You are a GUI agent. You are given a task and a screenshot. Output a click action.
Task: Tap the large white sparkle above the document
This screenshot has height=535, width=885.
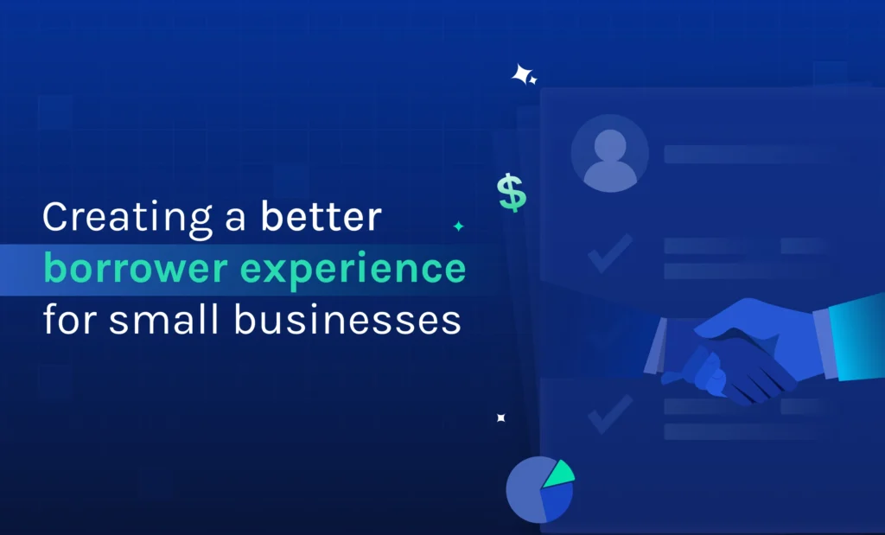tap(522, 75)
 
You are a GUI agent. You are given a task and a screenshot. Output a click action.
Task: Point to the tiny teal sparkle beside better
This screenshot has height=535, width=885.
tap(459, 226)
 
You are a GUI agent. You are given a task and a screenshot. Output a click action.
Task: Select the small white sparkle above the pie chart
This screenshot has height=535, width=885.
tap(500, 418)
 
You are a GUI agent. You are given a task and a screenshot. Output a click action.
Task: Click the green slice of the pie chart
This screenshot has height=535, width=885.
tap(558, 472)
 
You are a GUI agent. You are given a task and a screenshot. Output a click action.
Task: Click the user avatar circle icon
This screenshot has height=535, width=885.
tap(609, 153)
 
